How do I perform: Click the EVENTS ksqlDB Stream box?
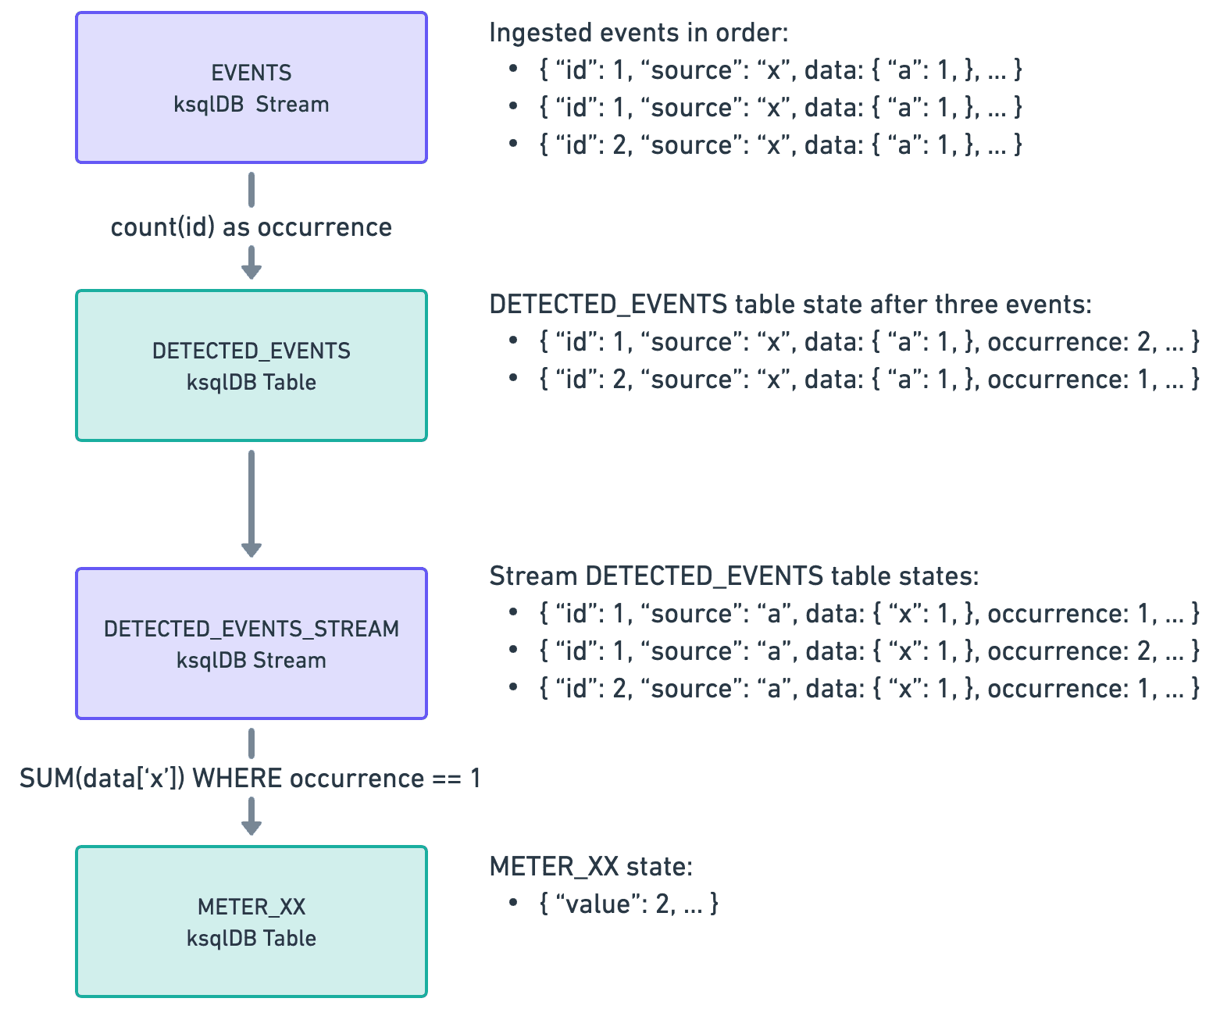(251, 87)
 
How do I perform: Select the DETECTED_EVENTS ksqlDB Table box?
(251, 365)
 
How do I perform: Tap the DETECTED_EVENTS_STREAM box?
(251, 644)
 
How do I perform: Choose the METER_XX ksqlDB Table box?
(251, 922)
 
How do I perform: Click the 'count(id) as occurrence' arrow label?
(251, 227)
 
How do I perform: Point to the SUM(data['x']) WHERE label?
(250, 779)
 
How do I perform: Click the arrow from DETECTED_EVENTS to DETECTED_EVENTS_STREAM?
(251, 504)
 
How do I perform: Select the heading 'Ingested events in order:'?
(638, 33)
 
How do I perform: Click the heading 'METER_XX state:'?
(590, 866)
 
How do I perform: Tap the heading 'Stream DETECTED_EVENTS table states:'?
(733, 576)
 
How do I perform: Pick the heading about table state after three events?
(790, 305)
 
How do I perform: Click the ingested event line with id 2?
(779, 144)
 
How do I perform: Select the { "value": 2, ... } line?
(628, 904)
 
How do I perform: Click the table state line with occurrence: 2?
(869, 342)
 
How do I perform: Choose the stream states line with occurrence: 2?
(869, 651)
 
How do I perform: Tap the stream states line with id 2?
(869, 689)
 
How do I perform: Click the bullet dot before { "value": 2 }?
(513, 903)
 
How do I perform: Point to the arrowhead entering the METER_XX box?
(251, 826)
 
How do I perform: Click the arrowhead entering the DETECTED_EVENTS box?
(251, 270)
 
